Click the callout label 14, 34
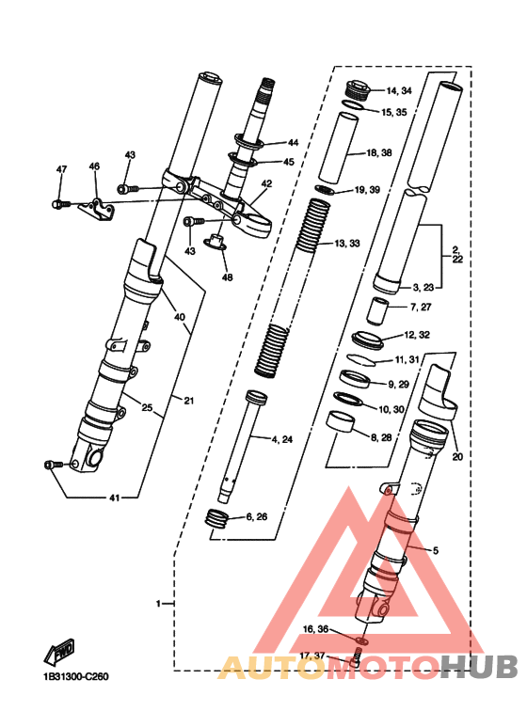point(399,90)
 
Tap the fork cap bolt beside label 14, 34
point(358,88)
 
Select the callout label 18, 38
point(379,152)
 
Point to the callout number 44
point(294,142)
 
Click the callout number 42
point(265,183)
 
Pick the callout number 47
point(61,169)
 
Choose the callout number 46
point(94,166)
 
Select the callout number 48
point(228,277)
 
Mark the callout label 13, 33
point(347,244)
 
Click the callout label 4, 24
point(282,439)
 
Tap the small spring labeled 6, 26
point(216,517)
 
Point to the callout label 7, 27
point(421,307)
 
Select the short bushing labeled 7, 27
point(376,311)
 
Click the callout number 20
point(457,457)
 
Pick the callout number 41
point(114,498)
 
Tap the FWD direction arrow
point(59,652)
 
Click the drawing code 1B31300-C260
point(76,676)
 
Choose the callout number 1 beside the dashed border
point(158,604)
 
